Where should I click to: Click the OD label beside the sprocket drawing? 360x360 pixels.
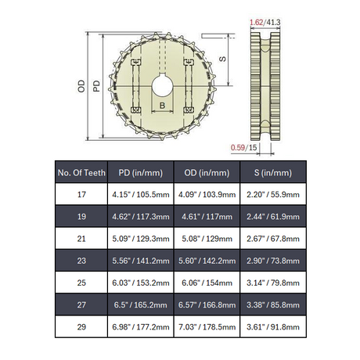81,86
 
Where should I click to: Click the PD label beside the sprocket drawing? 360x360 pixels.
96,86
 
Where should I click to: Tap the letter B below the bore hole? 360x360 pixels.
162,106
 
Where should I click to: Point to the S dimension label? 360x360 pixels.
222,59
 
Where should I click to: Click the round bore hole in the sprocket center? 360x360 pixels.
163,85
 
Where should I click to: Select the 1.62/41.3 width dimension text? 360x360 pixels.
265,23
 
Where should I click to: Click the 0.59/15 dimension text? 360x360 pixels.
244,148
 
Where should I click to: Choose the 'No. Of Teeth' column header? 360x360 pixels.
81,173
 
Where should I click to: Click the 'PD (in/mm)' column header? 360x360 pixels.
141,173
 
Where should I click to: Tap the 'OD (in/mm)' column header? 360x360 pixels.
207,173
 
